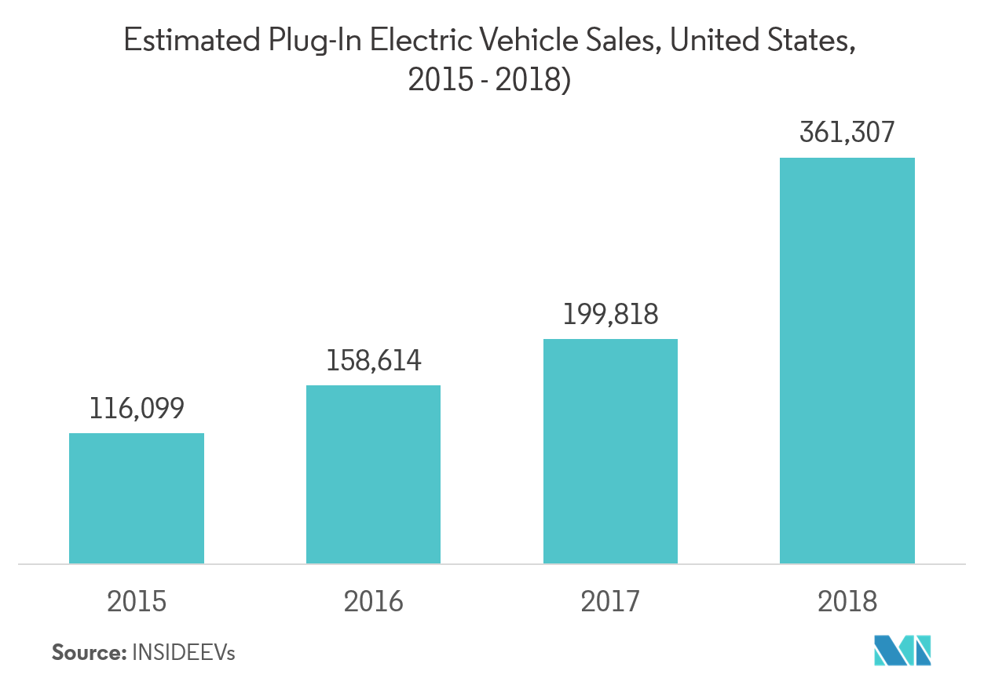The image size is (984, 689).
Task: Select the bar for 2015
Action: click(x=137, y=498)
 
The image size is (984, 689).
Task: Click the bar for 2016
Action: click(x=373, y=474)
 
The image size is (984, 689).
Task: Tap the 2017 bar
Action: click(x=610, y=451)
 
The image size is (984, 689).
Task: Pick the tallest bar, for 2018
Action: click(x=847, y=360)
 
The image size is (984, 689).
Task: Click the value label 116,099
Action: click(x=137, y=408)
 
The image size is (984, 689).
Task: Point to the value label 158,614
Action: click(x=373, y=360)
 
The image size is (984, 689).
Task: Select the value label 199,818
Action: click(x=610, y=314)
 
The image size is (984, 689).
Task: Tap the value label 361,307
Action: click(x=847, y=133)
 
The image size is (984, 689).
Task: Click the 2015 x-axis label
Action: click(x=137, y=602)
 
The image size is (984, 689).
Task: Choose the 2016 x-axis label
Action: click(x=373, y=602)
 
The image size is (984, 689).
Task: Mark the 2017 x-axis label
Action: click(x=610, y=602)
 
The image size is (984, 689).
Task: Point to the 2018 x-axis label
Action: click(x=847, y=602)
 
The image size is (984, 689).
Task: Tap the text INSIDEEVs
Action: click(x=184, y=652)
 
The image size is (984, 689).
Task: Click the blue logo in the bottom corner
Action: click(x=902, y=650)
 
